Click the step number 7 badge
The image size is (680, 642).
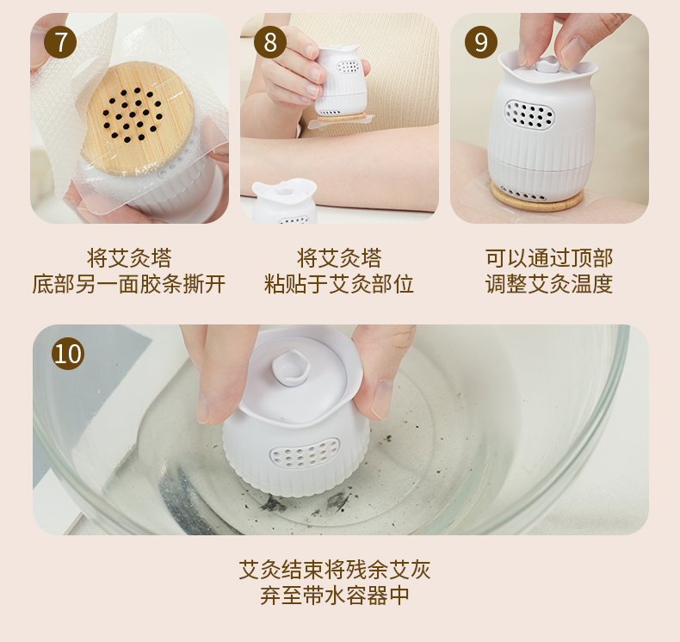(x=60, y=42)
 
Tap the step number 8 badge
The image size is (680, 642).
(x=270, y=42)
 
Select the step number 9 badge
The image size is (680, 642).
(x=481, y=42)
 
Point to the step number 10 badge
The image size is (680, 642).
(x=68, y=354)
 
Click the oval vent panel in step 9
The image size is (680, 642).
(x=529, y=114)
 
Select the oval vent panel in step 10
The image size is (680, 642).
(x=305, y=453)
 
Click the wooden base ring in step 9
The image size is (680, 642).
(x=537, y=199)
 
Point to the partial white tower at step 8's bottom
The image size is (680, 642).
(x=285, y=201)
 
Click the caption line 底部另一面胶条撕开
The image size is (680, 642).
(x=129, y=284)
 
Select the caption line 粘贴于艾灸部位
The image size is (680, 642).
(x=339, y=284)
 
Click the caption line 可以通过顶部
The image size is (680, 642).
(x=549, y=258)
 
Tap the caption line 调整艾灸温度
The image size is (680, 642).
(x=549, y=284)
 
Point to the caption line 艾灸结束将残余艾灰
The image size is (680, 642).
(x=335, y=570)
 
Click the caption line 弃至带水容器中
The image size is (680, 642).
(x=335, y=596)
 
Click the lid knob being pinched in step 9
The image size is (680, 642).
(x=546, y=65)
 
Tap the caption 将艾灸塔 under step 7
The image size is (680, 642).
(x=129, y=258)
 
